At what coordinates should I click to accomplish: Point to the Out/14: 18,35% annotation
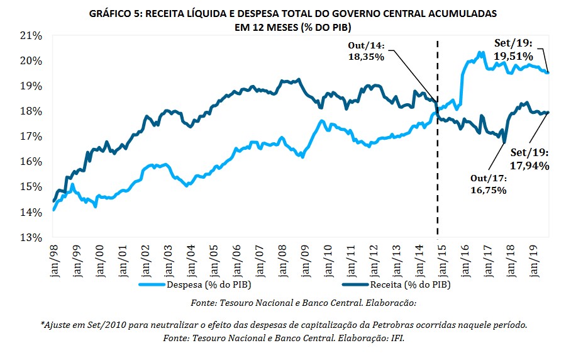pos(369,50)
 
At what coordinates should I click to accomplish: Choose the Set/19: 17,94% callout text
pos(529,159)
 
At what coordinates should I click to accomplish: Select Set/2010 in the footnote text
pos(116,325)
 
